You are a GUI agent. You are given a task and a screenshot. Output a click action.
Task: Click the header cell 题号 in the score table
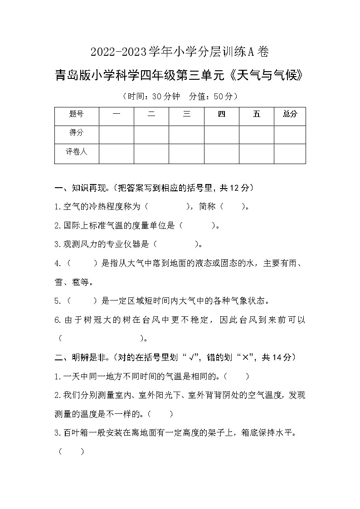pos(76,115)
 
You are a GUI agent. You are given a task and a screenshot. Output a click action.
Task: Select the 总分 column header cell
pos(290,115)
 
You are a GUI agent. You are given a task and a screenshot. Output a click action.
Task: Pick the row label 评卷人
pos(76,152)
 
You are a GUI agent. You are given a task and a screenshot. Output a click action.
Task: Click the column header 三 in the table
pos(186,115)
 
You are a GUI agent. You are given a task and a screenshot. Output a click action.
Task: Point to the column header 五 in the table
pos(257,115)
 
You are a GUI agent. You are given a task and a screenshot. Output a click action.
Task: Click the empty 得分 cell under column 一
pos(117,134)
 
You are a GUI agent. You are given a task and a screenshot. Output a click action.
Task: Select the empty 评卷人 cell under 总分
pos(290,154)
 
